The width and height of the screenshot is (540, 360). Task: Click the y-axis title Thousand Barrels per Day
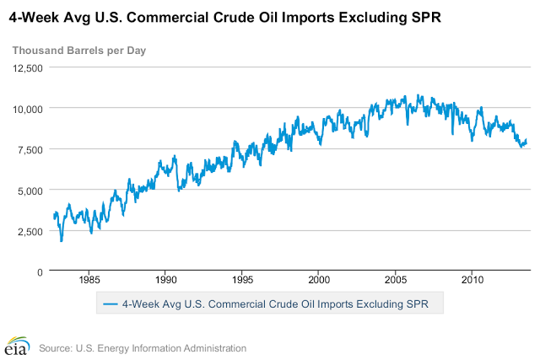pos(78,51)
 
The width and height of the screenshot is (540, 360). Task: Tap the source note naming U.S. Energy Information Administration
pos(143,347)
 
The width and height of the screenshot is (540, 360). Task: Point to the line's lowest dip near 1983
pos(62,241)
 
